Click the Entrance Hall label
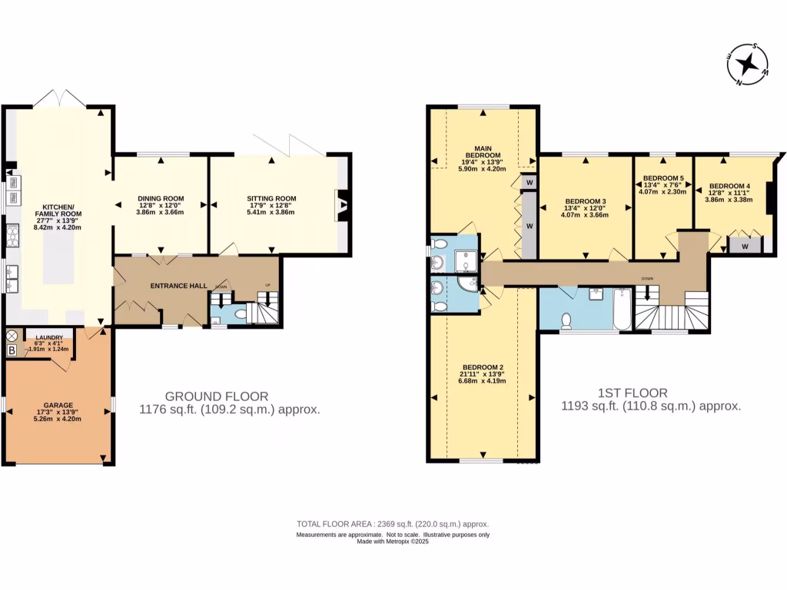(x=178, y=286)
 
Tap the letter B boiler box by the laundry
(x=12, y=350)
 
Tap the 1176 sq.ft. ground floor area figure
(x=229, y=409)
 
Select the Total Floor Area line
(x=393, y=524)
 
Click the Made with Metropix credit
(x=393, y=542)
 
